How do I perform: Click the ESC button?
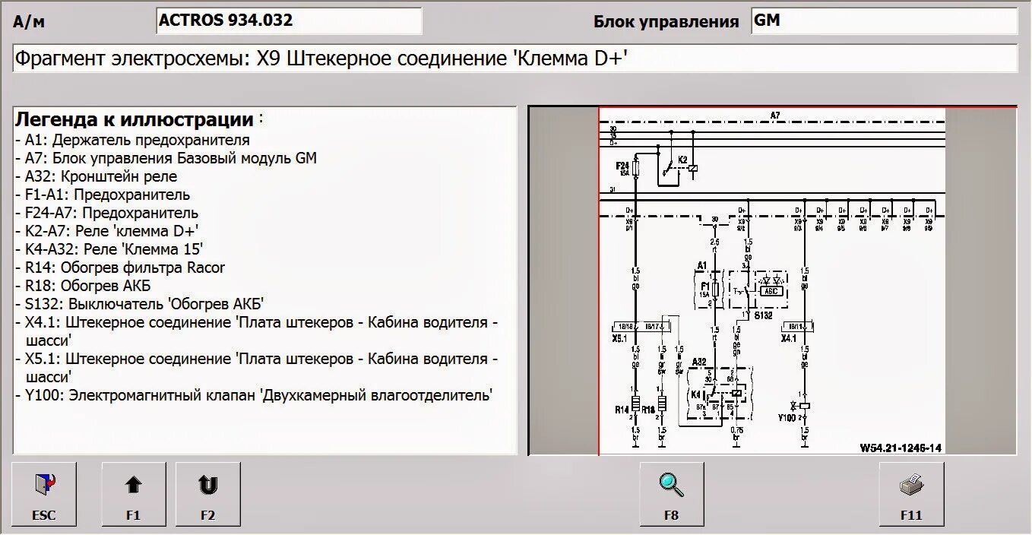[x=44, y=493]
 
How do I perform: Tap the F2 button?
[x=207, y=493]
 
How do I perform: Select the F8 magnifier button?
[x=671, y=493]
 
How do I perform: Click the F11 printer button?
[x=911, y=493]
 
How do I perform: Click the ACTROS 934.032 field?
[x=289, y=21]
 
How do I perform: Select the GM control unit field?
[x=884, y=21]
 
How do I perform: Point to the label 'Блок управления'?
[x=666, y=22]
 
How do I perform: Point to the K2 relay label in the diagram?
[x=682, y=160]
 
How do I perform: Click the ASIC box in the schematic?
[x=770, y=290]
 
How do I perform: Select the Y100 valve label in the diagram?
[x=787, y=417]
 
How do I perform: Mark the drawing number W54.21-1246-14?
[x=901, y=448]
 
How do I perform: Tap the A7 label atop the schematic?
[x=774, y=116]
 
